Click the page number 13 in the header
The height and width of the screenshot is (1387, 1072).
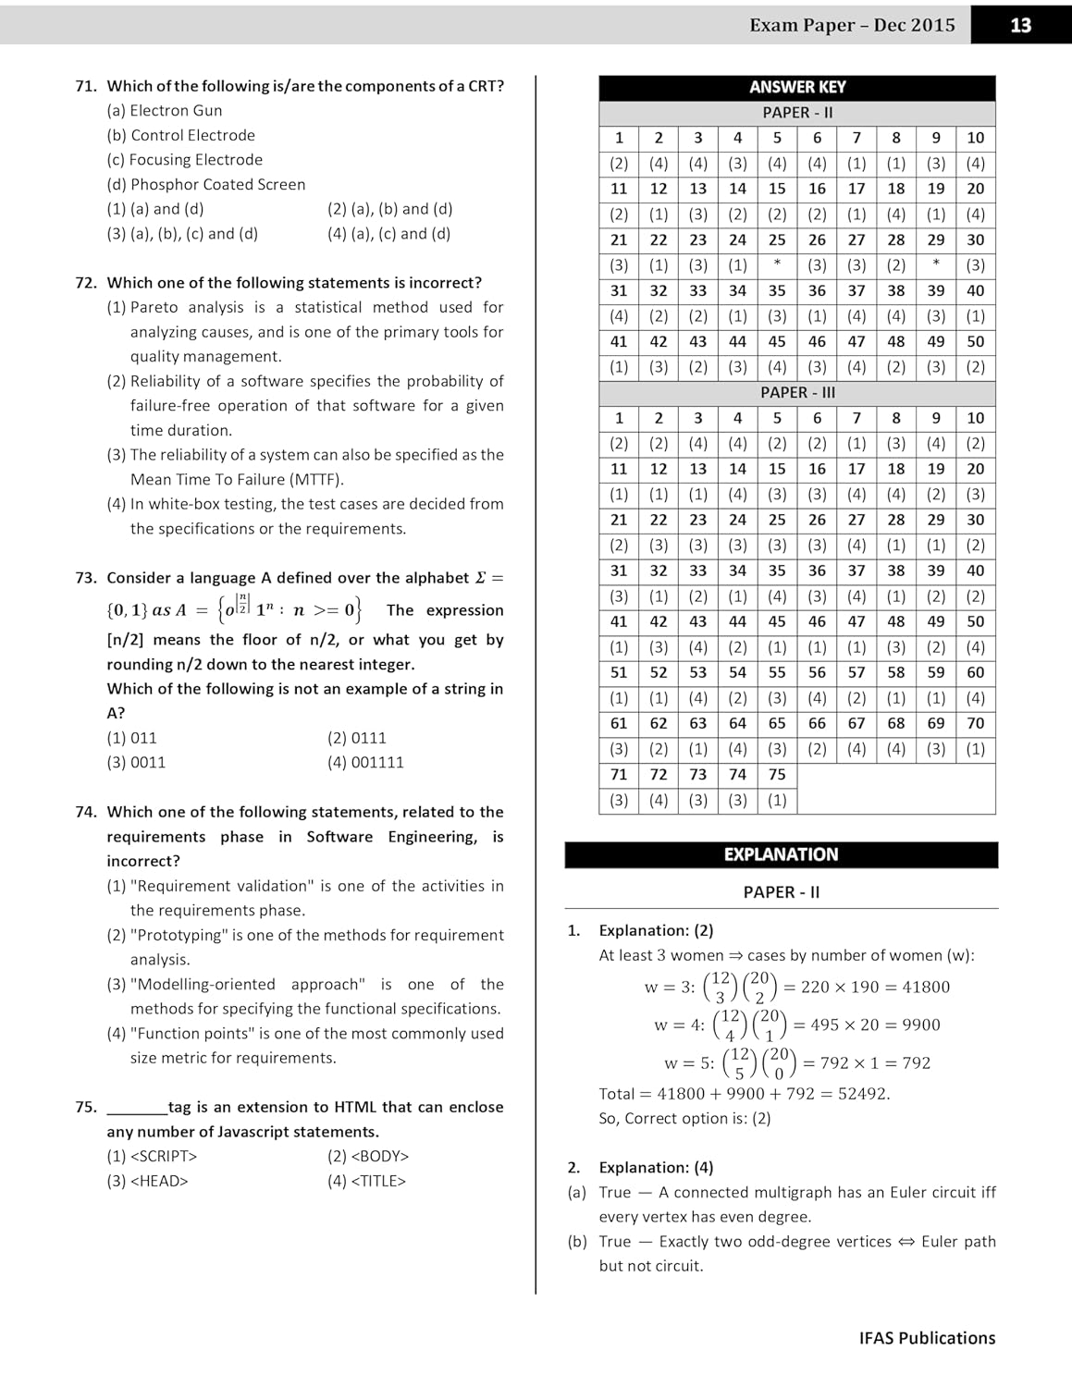1020,25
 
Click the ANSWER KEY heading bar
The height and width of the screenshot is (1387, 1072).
797,87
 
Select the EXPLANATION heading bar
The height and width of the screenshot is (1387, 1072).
781,854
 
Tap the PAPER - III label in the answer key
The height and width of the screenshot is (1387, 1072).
797,392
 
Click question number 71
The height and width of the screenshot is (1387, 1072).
86,86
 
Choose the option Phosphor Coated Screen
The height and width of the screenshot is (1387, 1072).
217,184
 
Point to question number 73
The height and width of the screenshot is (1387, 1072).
86,578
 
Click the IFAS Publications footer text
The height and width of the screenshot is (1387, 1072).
927,1338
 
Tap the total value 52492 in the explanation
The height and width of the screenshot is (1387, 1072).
862,1094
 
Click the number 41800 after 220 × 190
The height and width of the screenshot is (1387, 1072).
926,987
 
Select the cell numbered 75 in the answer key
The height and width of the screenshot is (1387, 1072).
777,775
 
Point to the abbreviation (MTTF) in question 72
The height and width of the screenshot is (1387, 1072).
316,479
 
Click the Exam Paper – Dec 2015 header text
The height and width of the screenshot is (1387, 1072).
852,25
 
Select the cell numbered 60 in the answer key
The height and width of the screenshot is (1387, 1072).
975,672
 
